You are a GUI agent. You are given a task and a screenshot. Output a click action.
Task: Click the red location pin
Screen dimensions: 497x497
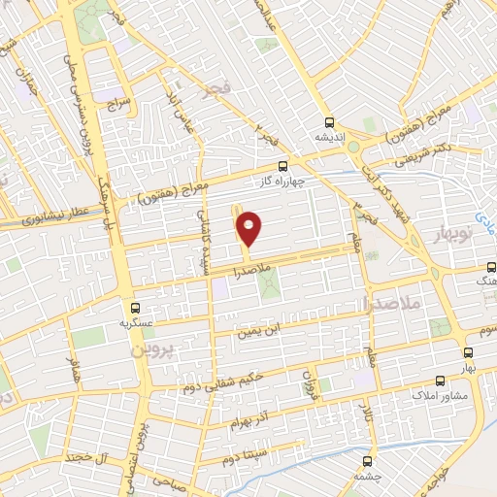250,229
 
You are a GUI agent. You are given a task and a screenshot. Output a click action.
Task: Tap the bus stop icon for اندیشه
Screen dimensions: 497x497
330,123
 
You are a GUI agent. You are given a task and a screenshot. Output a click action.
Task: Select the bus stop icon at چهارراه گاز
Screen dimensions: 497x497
282,166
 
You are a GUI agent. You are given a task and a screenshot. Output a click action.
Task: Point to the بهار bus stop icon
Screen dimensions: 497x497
467,354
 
